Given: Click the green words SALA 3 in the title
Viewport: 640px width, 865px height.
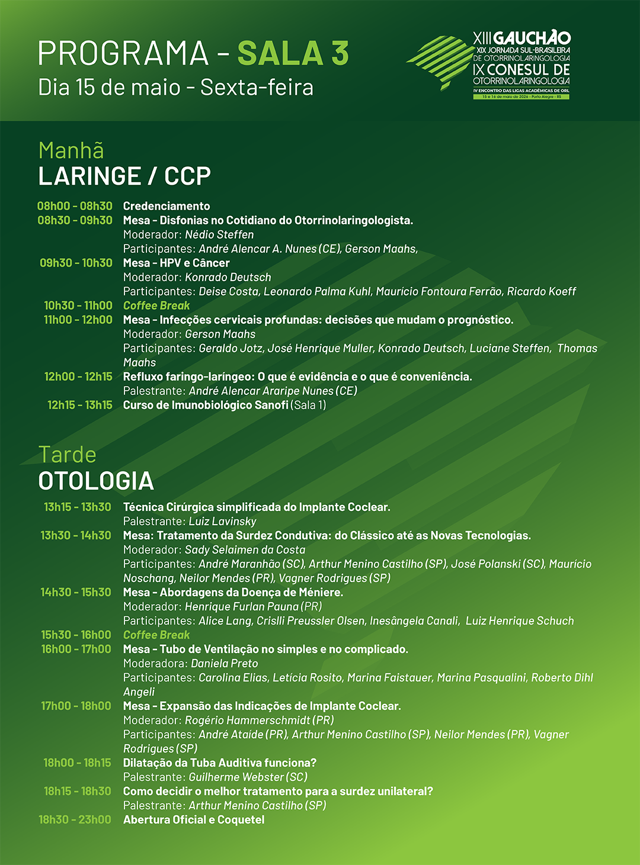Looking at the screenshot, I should click(x=293, y=53).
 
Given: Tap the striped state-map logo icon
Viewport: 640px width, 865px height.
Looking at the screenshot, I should click(x=439, y=62).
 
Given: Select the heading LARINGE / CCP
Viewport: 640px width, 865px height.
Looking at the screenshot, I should click(x=124, y=176).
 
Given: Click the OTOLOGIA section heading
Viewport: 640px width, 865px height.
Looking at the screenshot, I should click(x=96, y=481).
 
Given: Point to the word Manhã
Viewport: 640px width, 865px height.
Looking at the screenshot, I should click(x=71, y=150).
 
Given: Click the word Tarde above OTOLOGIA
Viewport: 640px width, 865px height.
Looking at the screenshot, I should click(x=68, y=455).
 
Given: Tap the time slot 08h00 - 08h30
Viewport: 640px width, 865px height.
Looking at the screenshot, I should click(x=75, y=206).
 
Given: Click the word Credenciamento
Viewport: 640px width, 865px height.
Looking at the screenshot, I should click(x=167, y=206).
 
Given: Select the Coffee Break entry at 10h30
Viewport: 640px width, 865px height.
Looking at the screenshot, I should click(x=156, y=306).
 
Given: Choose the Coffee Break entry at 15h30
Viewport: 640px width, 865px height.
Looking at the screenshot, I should click(x=156, y=635).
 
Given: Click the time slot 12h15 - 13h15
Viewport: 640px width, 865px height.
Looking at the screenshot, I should click(x=80, y=405).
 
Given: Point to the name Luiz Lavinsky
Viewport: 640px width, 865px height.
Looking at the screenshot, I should click(x=222, y=521).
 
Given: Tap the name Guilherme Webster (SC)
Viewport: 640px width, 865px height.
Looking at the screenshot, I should click(x=248, y=777).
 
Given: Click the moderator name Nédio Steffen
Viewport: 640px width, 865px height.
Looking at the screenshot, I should click(x=219, y=234).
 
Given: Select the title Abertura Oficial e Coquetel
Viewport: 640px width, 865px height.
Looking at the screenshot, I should click(x=194, y=819).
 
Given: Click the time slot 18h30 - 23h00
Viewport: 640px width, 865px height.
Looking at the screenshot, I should click(x=75, y=819).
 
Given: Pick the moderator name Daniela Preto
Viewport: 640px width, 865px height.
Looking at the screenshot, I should click(x=225, y=663).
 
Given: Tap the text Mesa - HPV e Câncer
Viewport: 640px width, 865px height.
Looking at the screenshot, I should click(x=176, y=263).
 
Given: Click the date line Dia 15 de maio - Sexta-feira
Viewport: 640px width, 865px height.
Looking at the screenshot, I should click(x=175, y=87).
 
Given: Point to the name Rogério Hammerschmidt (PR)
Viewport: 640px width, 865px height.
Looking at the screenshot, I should click(x=260, y=720).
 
